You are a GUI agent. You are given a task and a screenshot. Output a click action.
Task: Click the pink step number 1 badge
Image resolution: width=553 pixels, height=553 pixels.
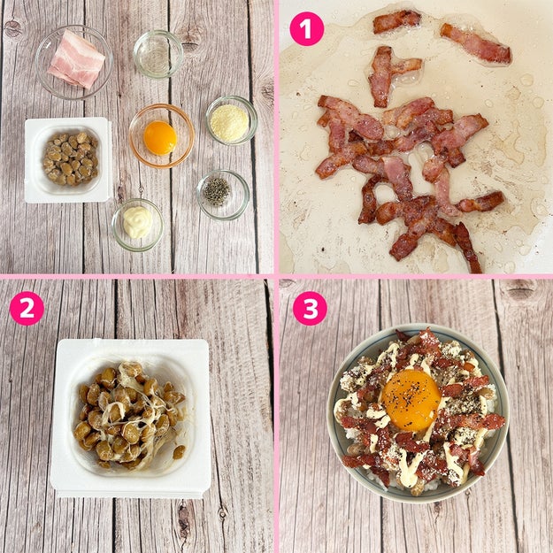306,29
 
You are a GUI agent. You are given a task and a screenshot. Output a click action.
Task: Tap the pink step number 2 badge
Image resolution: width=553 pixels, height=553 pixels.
27,308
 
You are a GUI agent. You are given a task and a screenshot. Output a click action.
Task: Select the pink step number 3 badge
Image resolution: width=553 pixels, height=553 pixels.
310,308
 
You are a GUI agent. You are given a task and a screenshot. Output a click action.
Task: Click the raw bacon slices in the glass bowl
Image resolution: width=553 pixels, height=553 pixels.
76,59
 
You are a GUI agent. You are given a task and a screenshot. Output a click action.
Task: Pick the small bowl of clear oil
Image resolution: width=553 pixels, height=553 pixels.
158,54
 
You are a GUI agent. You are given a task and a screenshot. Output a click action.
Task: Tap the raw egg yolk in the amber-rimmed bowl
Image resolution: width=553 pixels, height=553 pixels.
160,138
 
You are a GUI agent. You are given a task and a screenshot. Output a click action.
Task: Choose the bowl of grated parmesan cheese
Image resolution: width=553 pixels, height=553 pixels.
231,120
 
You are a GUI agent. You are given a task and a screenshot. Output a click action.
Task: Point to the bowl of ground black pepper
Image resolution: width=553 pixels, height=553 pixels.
223,195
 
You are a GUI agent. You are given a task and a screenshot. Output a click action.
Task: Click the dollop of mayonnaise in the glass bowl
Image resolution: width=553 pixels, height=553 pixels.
137,222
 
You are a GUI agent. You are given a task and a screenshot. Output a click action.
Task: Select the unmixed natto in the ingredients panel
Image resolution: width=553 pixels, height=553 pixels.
70,158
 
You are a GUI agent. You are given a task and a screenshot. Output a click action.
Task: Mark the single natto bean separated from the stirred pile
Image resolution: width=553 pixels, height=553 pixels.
179,452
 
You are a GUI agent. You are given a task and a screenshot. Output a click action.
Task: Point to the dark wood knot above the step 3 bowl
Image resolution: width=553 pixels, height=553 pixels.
520,290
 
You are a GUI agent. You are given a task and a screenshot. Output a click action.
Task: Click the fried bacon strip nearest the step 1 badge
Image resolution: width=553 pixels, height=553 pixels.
397,21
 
